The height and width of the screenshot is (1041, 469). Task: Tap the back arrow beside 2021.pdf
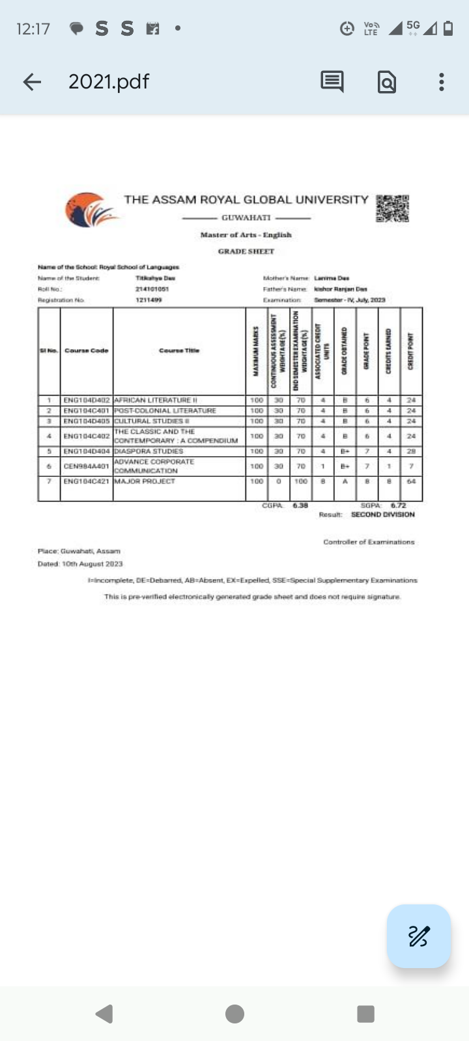click(x=32, y=81)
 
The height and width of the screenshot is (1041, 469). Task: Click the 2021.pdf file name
click(x=109, y=81)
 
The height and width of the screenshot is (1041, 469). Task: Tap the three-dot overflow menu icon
click(x=442, y=81)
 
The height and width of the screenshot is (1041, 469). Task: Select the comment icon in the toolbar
click(x=332, y=81)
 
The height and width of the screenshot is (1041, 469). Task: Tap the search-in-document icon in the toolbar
click(x=387, y=82)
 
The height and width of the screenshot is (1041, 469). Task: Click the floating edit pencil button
click(x=418, y=936)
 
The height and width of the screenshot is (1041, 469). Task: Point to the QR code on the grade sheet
click(x=392, y=208)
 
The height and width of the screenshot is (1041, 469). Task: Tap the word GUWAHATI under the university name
click(x=246, y=217)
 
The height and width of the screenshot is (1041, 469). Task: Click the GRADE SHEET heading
click(x=246, y=251)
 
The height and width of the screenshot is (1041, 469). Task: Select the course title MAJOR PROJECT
click(x=145, y=481)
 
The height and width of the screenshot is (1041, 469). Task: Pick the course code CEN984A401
click(x=87, y=466)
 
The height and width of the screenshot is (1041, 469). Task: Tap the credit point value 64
click(x=411, y=481)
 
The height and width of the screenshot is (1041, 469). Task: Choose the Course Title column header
click(x=179, y=351)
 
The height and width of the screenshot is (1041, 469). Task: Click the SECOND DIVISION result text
click(x=382, y=515)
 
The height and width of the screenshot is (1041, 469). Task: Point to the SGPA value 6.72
click(x=398, y=506)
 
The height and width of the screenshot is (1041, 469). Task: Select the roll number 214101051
click(x=152, y=289)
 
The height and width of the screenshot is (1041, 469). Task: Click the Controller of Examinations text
click(x=369, y=542)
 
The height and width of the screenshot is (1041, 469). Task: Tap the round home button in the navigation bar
click(x=234, y=1014)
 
